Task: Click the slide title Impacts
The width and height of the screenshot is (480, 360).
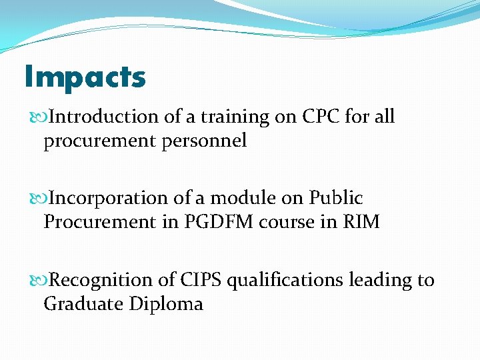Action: point(85,77)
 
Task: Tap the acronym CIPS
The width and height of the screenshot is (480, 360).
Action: point(199,281)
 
